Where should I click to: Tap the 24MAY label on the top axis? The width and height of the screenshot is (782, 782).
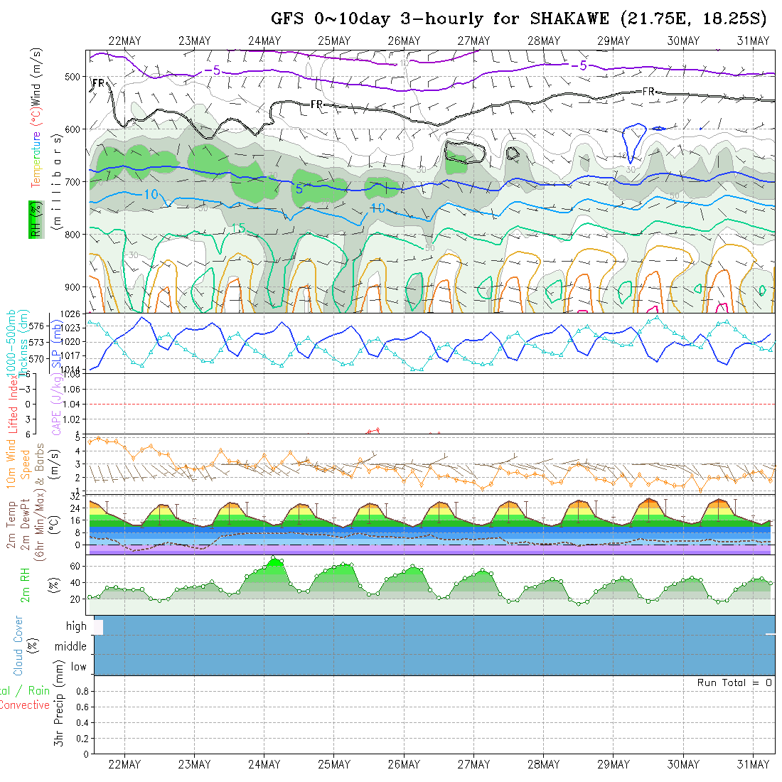point(264,41)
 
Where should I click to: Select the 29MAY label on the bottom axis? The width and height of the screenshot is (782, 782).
point(613,764)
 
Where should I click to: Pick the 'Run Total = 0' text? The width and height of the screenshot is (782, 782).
point(734,682)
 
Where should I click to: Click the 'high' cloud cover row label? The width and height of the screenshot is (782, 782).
point(76,626)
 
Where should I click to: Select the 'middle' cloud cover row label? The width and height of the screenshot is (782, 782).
point(70,646)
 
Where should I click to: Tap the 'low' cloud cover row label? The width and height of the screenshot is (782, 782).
point(78,667)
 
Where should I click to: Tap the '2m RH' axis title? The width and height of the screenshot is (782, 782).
point(25,585)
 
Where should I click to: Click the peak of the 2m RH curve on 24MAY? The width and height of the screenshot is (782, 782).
point(274,558)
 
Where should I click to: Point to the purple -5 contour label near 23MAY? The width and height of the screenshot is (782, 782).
point(211,70)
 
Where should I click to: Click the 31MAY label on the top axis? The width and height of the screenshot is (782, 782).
point(754,41)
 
